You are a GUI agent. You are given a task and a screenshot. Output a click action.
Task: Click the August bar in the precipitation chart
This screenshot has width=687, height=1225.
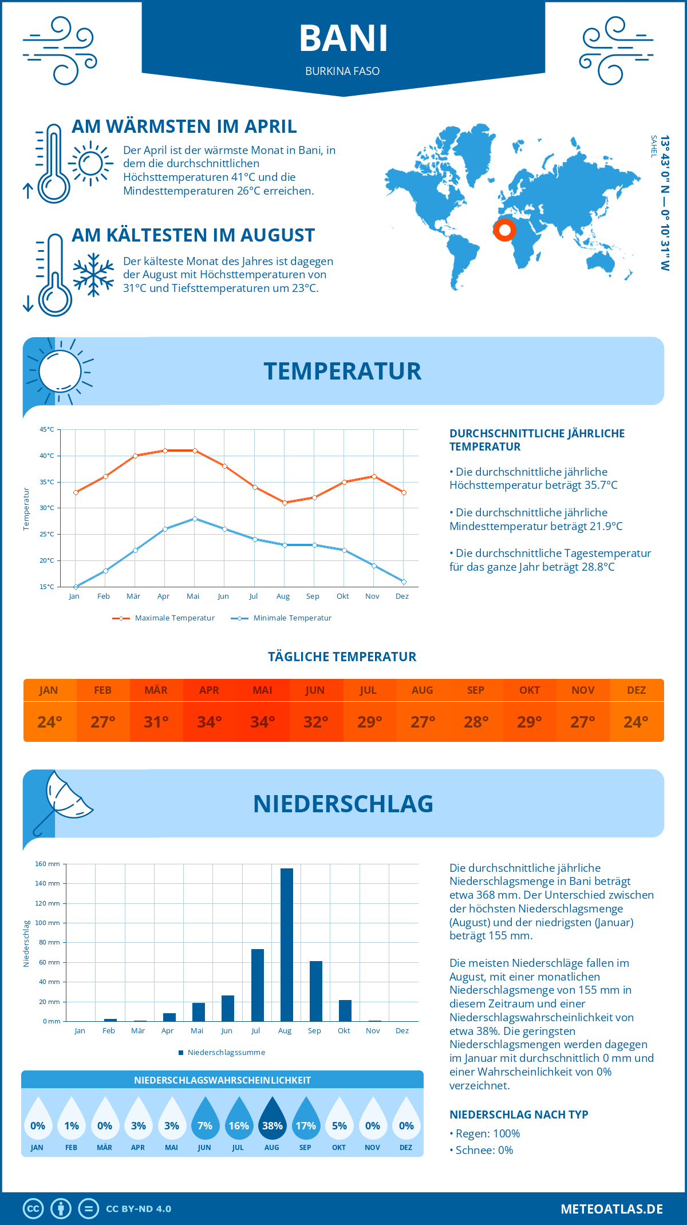287,945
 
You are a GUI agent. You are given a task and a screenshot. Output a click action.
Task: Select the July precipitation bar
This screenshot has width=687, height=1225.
258,985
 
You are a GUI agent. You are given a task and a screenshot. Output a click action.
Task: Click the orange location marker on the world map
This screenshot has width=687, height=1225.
504,230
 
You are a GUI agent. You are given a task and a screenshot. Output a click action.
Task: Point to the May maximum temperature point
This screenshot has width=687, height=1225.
195,451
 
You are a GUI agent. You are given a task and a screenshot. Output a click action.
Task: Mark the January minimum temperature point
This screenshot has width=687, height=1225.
76,587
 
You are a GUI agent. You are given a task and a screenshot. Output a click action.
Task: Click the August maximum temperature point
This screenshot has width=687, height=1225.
285,503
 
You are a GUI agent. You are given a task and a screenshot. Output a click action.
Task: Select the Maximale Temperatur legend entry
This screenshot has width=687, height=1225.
164,618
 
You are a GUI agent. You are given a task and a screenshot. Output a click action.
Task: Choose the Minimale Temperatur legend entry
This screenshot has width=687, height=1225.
282,618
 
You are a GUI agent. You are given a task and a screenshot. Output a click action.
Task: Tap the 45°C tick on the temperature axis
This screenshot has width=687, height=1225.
47,429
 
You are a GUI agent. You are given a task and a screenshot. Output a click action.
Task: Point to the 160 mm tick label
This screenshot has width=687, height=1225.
48,864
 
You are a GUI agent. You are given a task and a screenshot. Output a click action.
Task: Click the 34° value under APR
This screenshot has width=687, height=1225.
210,722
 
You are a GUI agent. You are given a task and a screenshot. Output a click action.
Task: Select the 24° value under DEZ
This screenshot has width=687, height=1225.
636,722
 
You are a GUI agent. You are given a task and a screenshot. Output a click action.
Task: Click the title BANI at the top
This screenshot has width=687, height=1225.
343,38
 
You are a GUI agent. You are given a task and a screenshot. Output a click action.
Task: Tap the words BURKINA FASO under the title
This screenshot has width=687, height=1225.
342,71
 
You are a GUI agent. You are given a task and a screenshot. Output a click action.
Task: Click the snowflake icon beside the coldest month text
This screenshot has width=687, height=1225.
93,275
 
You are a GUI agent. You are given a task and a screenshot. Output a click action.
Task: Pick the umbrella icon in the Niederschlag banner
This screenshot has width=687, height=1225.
63,800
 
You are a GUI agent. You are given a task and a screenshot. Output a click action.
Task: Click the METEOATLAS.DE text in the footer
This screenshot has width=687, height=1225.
611,1209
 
